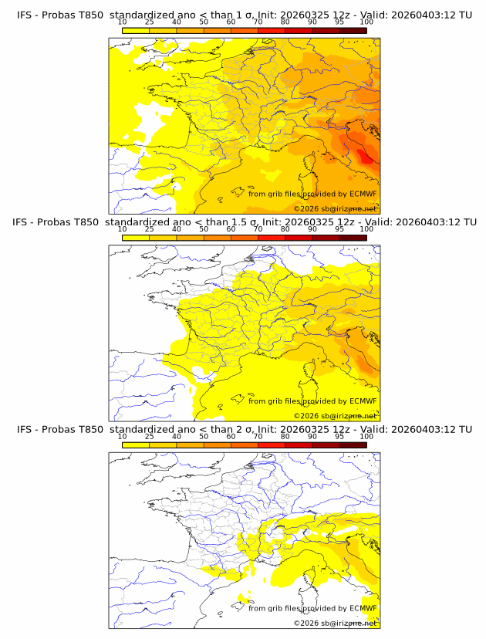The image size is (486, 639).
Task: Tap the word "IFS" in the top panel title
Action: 27,15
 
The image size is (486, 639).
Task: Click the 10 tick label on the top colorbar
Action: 122,22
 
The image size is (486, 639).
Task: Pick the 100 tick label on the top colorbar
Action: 366,22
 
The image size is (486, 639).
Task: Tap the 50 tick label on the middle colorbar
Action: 204,229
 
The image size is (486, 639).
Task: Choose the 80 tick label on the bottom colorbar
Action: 285,437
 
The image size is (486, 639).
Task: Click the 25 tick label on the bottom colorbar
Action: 149,437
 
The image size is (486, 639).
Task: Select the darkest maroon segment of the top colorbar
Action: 353,30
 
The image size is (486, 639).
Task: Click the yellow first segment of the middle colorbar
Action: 135,238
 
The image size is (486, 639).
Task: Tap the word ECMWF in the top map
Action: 363,194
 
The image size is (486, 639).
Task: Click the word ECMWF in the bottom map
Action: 363,608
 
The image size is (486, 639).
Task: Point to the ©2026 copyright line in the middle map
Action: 335,415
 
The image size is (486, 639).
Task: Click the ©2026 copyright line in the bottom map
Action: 335,623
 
